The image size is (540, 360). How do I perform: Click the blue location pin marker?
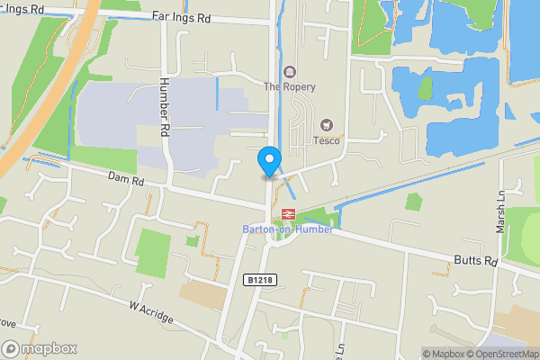pos(268,161)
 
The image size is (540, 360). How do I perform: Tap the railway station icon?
pos(289,214)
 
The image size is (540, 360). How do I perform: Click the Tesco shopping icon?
pos(326,124)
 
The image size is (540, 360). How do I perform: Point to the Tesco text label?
pos(326,139)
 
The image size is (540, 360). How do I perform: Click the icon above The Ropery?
pos(289,72)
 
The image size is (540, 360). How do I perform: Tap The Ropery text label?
pos(289,87)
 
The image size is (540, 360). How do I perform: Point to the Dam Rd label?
pos(126,181)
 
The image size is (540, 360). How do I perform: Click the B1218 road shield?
pos(258,281)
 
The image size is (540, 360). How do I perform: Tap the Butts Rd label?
pos(475,261)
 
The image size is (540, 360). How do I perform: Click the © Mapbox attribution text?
pos(445,354)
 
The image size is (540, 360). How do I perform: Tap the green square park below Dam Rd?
pos(152,252)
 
